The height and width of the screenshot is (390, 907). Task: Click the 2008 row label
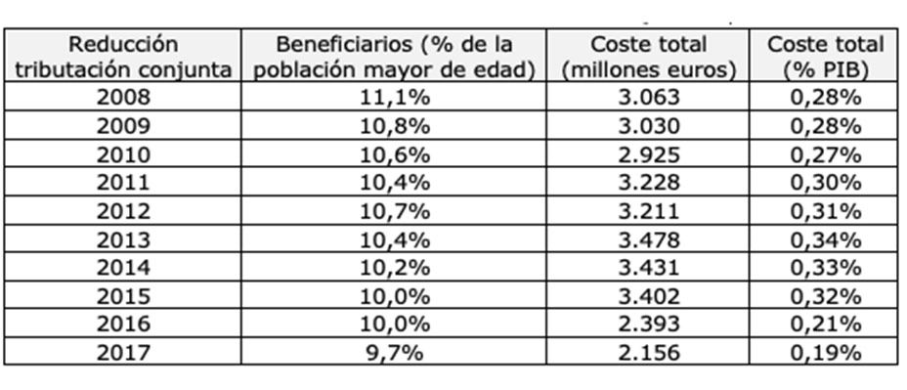tap(124, 97)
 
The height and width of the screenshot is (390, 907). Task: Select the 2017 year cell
tap(124, 352)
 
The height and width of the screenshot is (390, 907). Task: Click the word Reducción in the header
tap(124, 45)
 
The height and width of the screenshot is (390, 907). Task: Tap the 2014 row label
tap(124, 267)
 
